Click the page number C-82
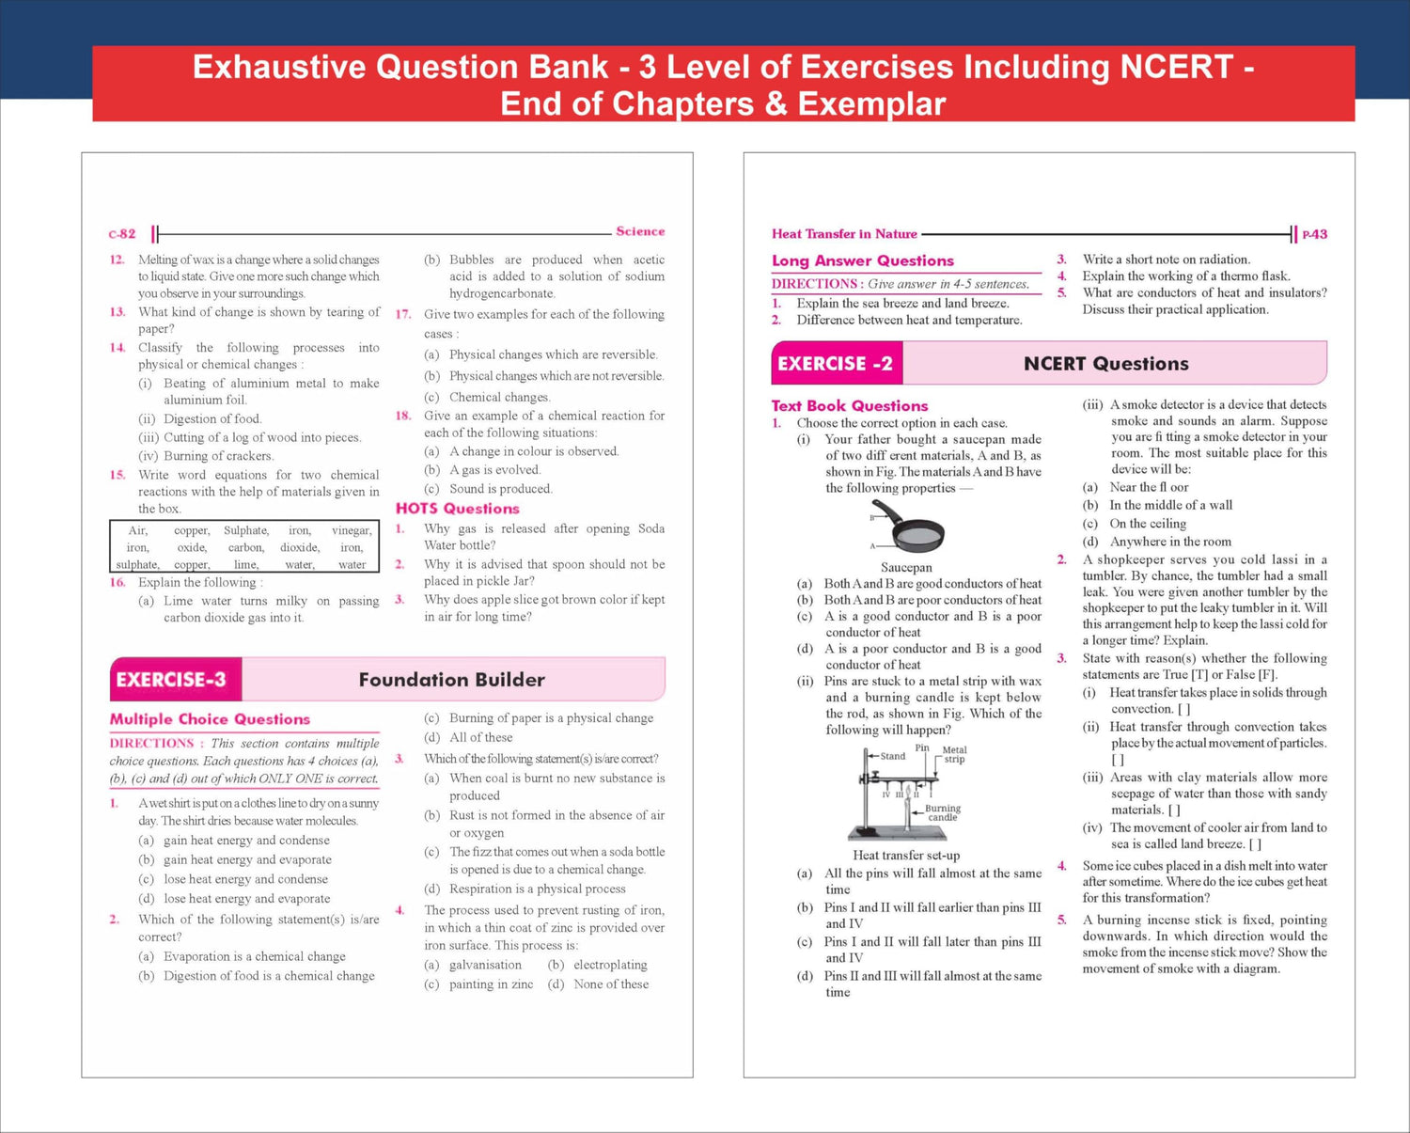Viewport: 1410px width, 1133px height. (x=122, y=234)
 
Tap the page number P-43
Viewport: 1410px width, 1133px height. (x=1314, y=234)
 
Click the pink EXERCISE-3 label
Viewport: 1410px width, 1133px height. (x=171, y=680)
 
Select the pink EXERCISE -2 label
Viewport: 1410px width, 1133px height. (x=835, y=364)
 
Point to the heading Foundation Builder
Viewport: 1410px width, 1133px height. (x=451, y=680)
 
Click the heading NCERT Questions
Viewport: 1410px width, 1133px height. (x=1105, y=364)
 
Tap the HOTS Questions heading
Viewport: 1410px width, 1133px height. (x=457, y=509)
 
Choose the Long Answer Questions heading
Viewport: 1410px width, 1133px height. (x=862, y=261)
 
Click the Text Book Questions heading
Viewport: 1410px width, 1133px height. (x=849, y=406)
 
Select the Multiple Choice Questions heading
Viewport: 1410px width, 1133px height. (x=210, y=719)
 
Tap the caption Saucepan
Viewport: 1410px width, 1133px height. (x=906, y=568)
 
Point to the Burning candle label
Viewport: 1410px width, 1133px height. (x=942, y=812)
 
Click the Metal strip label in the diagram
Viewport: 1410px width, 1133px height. (x=954, y=754)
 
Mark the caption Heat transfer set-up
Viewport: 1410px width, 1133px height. (x=906, y=856)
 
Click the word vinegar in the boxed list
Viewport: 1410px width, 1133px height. (x=352, y=530)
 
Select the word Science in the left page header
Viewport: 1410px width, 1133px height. (x=640, y=231)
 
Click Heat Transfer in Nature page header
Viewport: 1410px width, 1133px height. (x=844, y=234)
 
